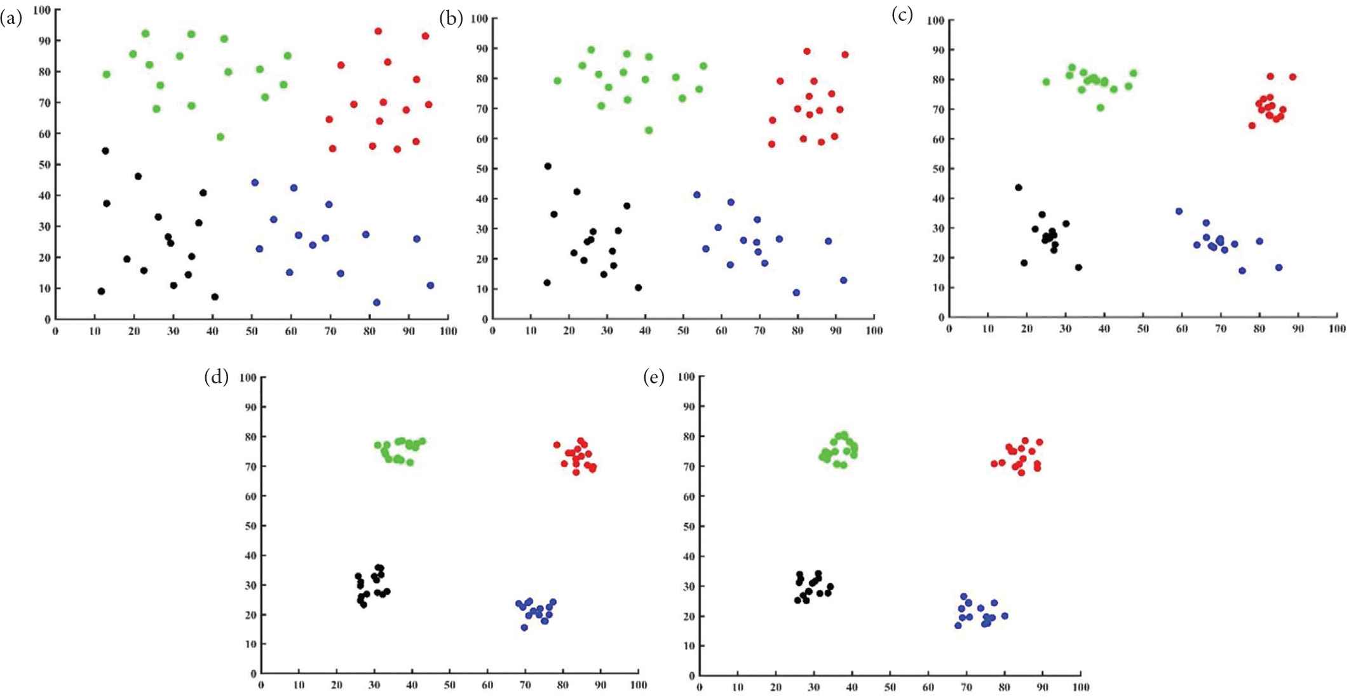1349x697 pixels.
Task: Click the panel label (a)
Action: tap(11, 18)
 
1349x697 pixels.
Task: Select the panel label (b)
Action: tap(451, 18)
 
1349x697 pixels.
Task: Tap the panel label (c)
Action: tap(902, 15)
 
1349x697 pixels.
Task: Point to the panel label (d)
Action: tap(216, 377)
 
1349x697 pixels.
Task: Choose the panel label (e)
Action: tap(654, 378)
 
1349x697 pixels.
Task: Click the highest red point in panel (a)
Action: tap(378, 31)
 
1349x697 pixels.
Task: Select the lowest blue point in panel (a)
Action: tap(377, 303)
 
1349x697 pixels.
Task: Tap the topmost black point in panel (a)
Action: tap(105, 151)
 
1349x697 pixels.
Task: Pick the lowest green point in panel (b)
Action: tap(649, 130)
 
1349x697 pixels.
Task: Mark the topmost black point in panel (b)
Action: tap(548, 166)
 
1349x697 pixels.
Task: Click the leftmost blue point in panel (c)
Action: tap(1179, 211)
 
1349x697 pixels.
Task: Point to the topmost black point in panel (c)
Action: tap(1019, 188)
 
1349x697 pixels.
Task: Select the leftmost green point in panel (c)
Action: tap(1046, 82)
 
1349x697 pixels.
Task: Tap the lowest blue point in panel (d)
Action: tap(524, 628)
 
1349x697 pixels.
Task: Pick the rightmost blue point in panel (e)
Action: tap(1005, 616)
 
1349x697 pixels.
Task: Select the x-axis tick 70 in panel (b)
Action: tap(759, 331)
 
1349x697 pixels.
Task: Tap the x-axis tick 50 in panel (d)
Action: tap(449, 686)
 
